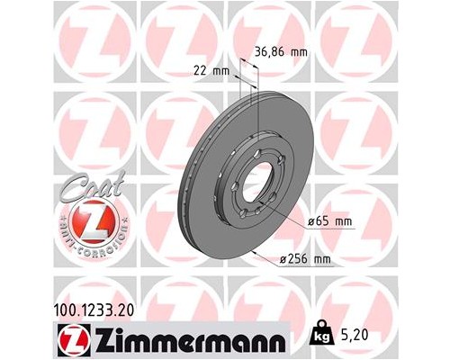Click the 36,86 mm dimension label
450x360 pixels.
(282, 52)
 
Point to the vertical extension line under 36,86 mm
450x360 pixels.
(259, 99)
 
